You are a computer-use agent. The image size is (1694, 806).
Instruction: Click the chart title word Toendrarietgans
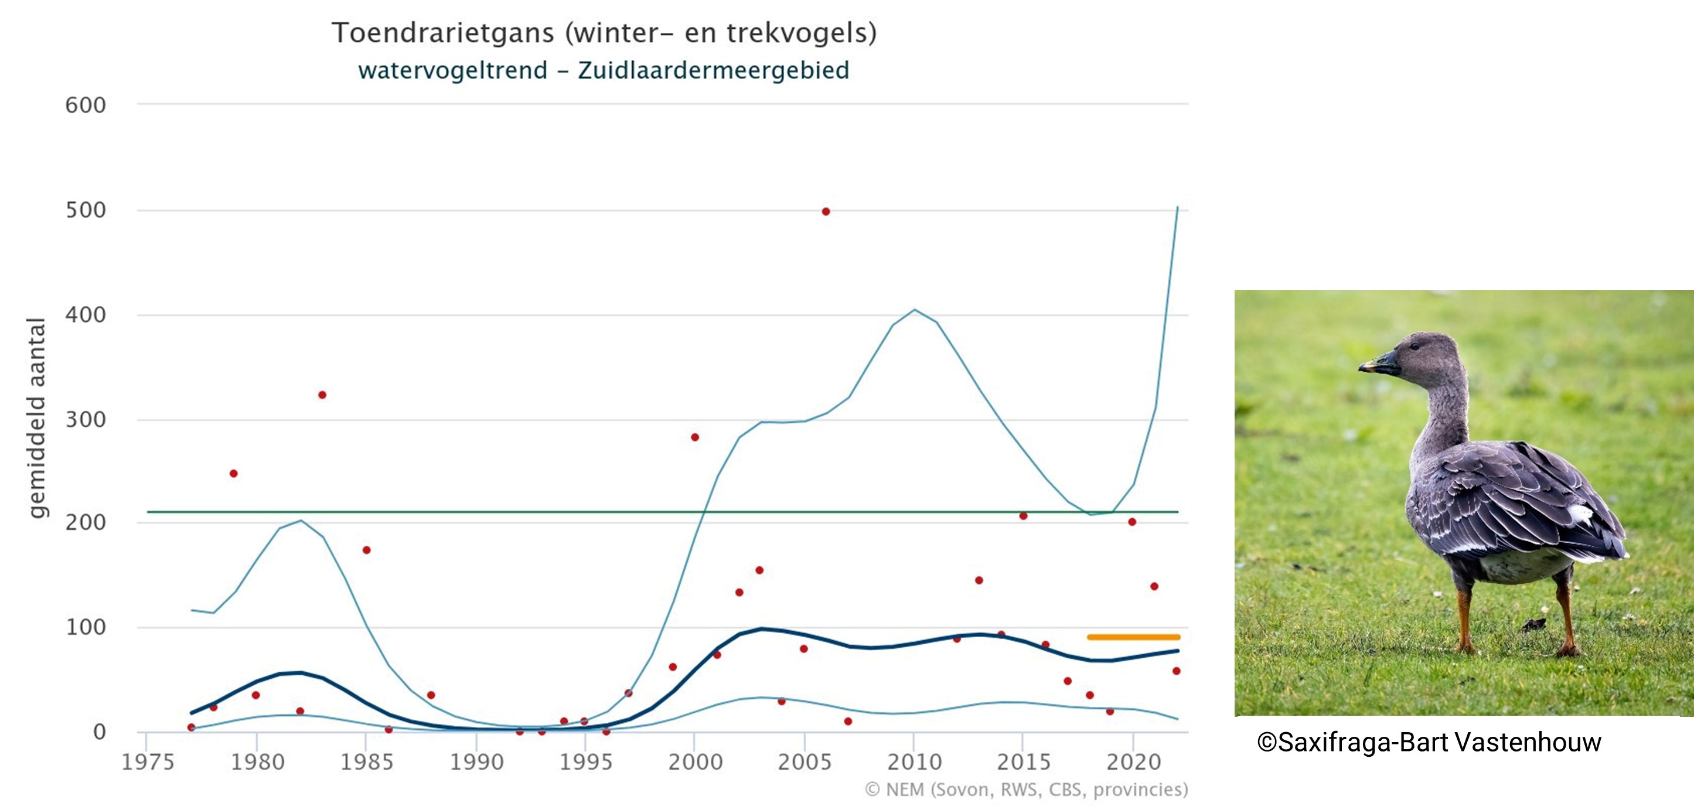click(442, 33)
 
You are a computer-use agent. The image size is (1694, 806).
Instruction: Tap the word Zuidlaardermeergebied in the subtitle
click(714, 70)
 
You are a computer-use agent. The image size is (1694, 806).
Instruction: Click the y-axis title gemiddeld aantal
click(36, 418)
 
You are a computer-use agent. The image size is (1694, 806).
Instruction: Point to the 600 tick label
click(86, 106)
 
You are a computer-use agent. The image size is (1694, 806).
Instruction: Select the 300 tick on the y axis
click(86, 420)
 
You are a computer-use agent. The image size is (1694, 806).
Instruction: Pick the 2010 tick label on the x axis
click(914, 762)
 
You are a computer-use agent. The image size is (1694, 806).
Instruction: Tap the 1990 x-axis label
click(476, 762)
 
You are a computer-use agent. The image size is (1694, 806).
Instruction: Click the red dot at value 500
click(826, 212)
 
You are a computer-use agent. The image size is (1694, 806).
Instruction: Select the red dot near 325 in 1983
click(322, 395)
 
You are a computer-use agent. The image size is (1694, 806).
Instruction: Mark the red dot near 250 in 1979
click(233, 474)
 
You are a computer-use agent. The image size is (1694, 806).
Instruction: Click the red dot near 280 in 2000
click(695, 437)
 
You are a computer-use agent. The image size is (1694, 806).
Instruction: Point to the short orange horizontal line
click(1133, 637)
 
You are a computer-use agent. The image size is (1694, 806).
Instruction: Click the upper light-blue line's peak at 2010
click(914, 310)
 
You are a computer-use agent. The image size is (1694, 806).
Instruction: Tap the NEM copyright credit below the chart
click(1026, 790)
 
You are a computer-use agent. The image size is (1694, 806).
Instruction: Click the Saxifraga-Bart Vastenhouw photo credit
click(1429, 742)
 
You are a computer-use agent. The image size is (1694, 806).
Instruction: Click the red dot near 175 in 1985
click(366, 550)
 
